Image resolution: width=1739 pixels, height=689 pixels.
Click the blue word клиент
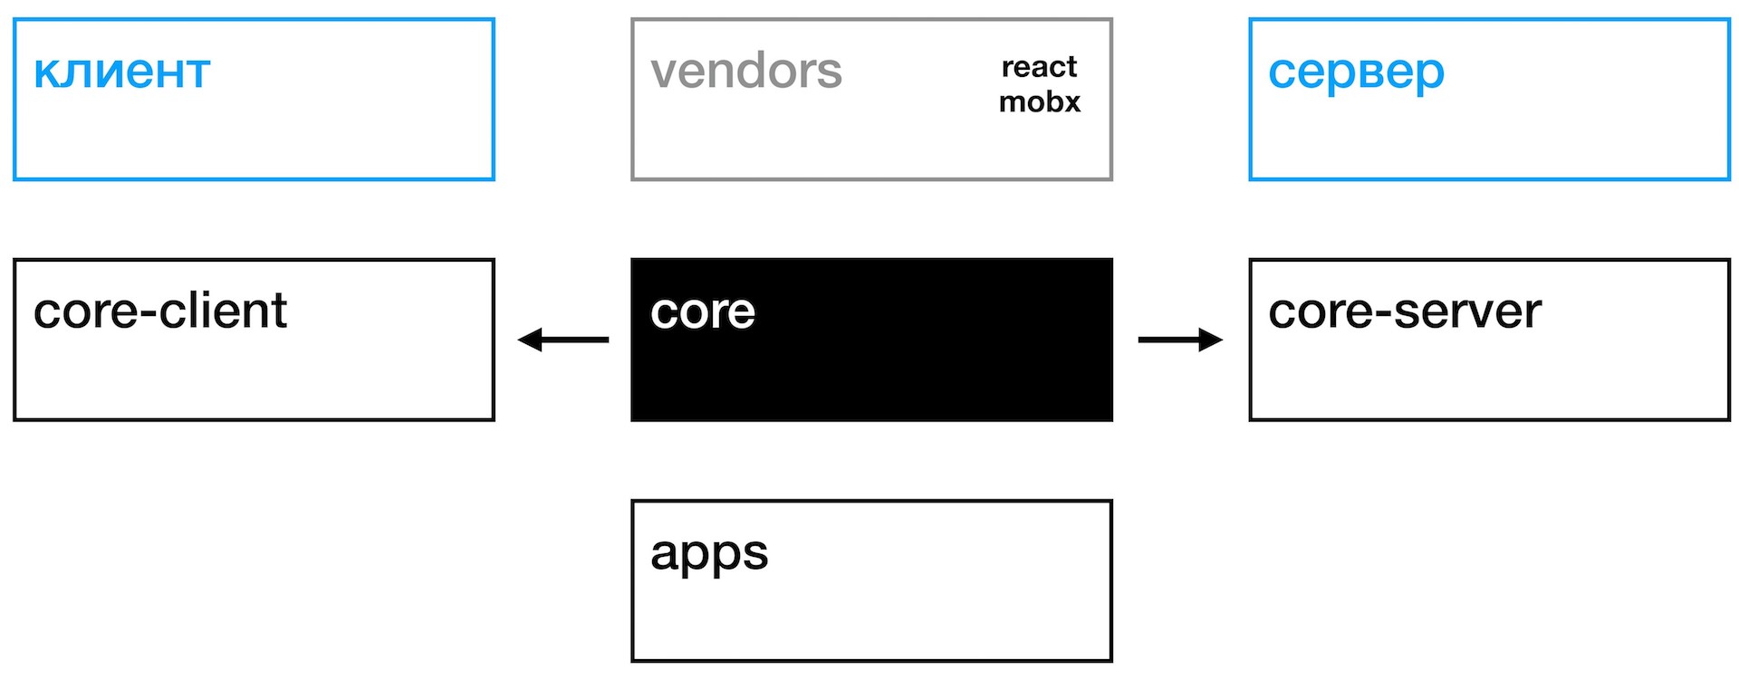(121, 72)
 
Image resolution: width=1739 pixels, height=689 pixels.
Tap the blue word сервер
(1356, 72)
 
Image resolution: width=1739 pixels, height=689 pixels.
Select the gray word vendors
(746, 71)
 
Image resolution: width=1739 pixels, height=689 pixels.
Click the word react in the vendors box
(1039, 67)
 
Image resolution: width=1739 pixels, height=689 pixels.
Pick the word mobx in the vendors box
(1040, 101)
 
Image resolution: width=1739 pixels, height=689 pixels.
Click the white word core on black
(703, 312)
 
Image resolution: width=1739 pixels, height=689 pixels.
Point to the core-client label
(160, 311)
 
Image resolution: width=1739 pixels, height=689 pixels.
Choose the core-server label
(1405, 311)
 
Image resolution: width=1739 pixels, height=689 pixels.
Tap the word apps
(709, 554)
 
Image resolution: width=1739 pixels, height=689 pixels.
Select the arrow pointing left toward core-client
(563, 340)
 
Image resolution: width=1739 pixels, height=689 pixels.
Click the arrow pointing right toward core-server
(1180, 340)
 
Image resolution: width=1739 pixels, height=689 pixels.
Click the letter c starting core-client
(45, 313)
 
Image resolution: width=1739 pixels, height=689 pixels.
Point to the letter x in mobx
(1071, 102)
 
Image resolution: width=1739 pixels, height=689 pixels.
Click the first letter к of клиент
(46, 74)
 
